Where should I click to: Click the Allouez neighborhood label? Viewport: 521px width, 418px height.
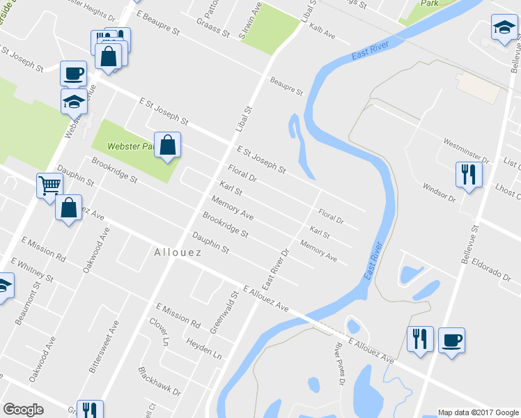coord(177,252)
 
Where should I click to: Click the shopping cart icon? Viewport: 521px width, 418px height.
coord(50,185)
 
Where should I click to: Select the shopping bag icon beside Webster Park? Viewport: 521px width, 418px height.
coord(167,145)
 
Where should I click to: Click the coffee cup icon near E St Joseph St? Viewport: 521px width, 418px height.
coord(74,72)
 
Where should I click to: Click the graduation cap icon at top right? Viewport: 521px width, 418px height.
coord(503,29)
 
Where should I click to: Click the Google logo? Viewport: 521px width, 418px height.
coord(23,410)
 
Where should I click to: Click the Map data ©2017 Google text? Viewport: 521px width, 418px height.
coord(477,412)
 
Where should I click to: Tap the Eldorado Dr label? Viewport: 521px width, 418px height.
coord(491,272)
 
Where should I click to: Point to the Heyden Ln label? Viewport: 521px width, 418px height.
coord(203,348)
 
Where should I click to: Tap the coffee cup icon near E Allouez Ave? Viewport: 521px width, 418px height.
coord(451,340)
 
